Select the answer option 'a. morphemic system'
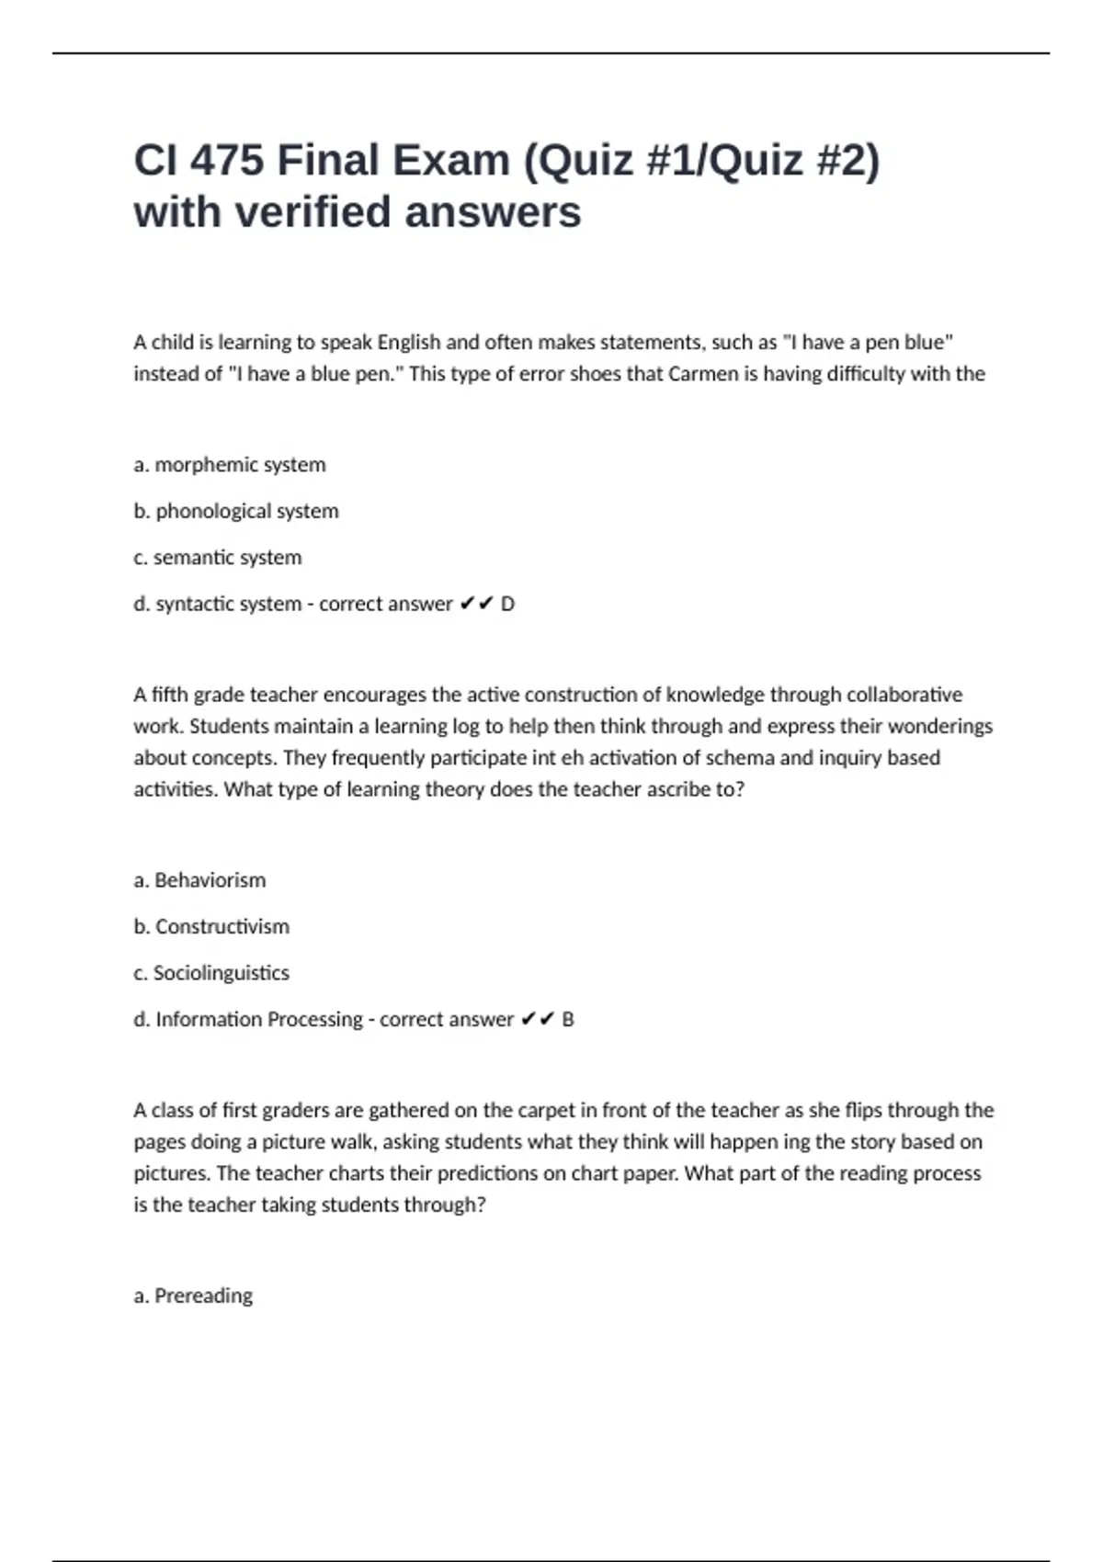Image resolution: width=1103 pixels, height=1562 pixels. (230, 465)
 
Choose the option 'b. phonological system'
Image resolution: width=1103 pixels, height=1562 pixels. (236, 511)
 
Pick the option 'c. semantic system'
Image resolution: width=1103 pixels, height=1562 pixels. (218, 558)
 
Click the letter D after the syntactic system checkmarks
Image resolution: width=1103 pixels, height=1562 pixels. (507, 605)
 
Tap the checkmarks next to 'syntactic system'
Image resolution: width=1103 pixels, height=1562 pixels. (477, 604)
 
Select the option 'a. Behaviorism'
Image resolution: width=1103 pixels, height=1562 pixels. (199, 880)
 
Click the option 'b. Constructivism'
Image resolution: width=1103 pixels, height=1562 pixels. (211, 926)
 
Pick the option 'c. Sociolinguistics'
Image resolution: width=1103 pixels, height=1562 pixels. (211, 973)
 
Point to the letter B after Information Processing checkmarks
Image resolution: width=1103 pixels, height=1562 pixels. (568, 1020)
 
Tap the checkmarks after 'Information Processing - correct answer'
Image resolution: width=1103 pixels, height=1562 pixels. (538, 1019)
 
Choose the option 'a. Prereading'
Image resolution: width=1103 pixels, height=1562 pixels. (193, 1296)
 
